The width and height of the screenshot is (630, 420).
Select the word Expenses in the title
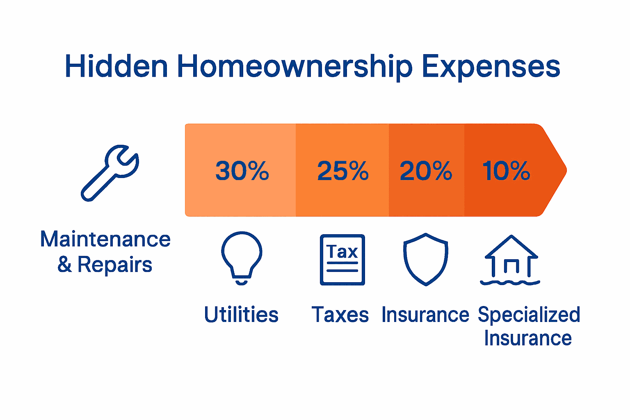[491, 68]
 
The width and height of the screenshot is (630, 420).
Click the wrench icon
[110, 173]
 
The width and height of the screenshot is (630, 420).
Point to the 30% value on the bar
[242, 171]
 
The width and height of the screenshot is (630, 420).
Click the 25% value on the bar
[343, 171]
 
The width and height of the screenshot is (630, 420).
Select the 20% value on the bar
[426, 171]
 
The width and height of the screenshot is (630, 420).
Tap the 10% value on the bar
[506, 171]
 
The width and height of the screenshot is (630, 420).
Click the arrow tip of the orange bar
[566, 170]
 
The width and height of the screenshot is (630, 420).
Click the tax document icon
[342, 260]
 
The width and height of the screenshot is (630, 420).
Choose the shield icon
[426, 259]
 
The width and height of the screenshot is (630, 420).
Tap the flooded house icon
[510, 260]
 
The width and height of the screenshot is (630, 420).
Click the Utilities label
[241, 314]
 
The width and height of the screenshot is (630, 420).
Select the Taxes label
[340, 314]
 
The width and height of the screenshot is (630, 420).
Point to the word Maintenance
[105, 239]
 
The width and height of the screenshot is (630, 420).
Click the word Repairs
[115, 265]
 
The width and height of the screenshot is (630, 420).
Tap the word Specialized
[529, 315]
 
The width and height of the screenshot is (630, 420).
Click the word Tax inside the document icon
[342, 251]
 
